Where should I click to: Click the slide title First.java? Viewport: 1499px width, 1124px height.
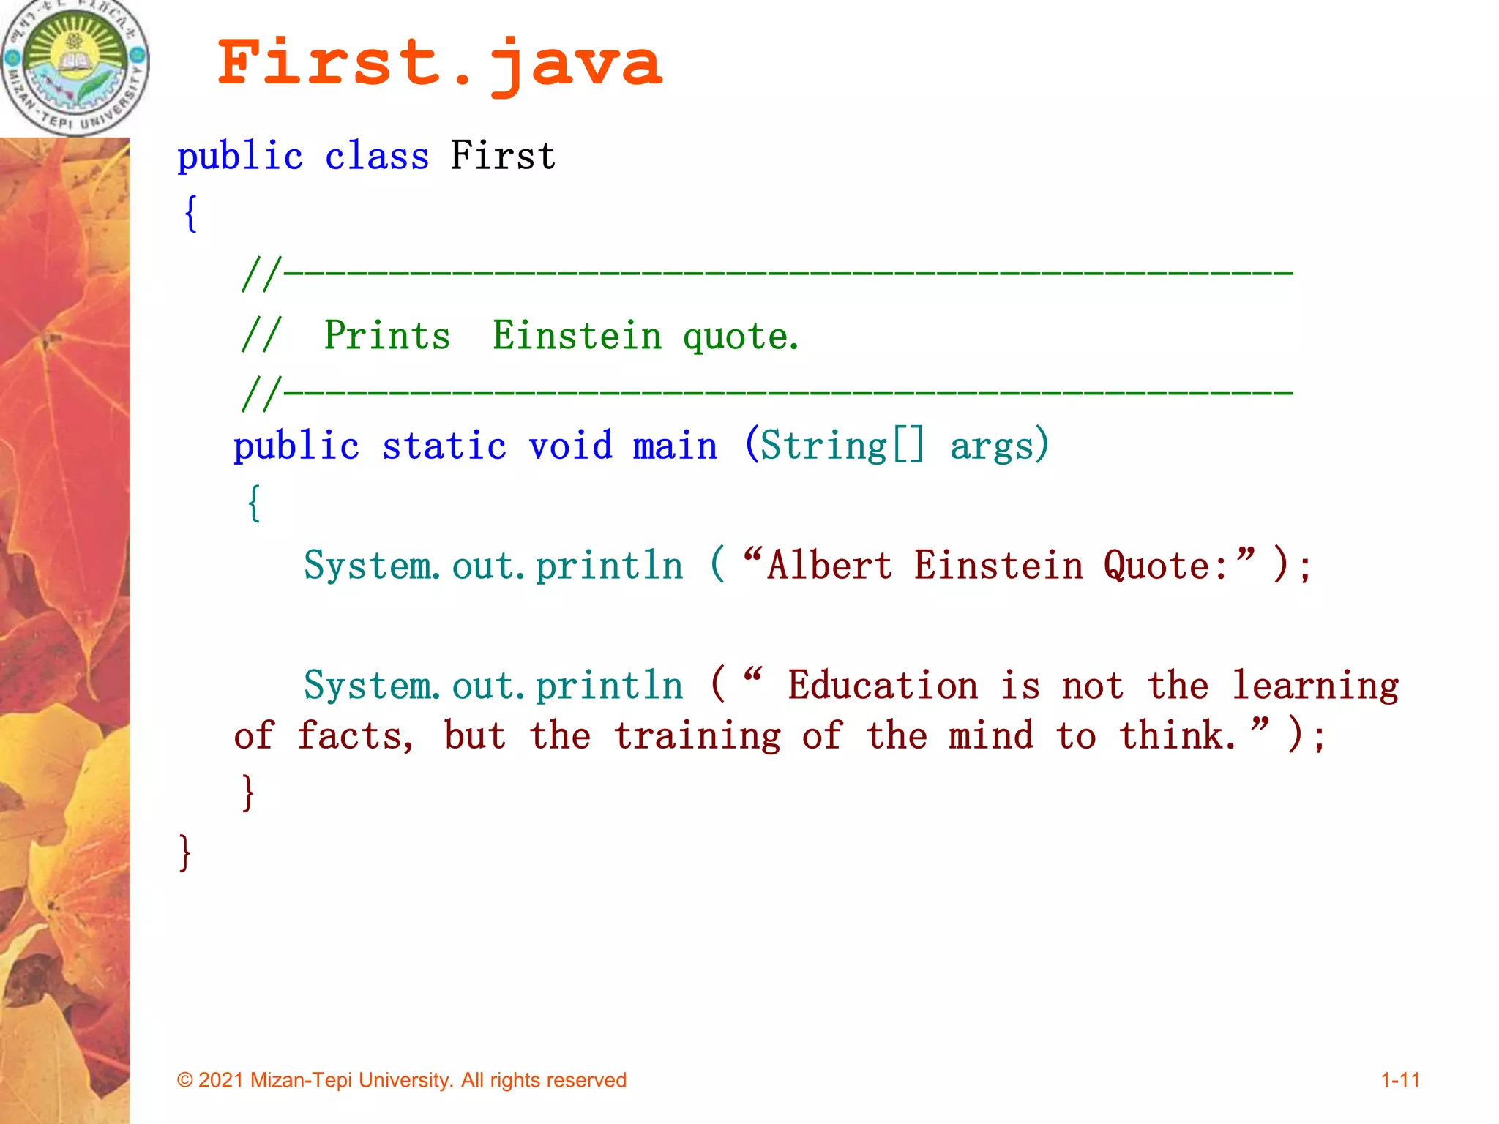click(440, 64)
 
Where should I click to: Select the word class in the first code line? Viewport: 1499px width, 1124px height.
click(376, 156)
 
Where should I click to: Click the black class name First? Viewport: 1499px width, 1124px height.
click(503, 155)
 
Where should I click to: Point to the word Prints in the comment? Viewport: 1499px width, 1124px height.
click(386, 336)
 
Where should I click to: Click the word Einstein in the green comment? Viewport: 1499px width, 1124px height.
click(577, 336)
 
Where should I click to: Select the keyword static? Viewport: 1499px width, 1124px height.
click(444, 446)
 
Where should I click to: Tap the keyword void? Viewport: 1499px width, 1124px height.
click(570, 446)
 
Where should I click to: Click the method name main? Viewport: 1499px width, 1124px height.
click(675, 446)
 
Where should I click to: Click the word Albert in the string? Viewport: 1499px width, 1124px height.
click(829, 566)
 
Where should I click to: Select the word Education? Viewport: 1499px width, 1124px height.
click(883, 686)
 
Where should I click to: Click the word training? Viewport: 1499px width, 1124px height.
click(697, 736)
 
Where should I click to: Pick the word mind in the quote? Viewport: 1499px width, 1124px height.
click(991, 735)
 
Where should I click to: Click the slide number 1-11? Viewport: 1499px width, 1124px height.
click(1399, 1080)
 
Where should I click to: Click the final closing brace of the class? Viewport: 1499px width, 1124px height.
click(184, 852)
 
